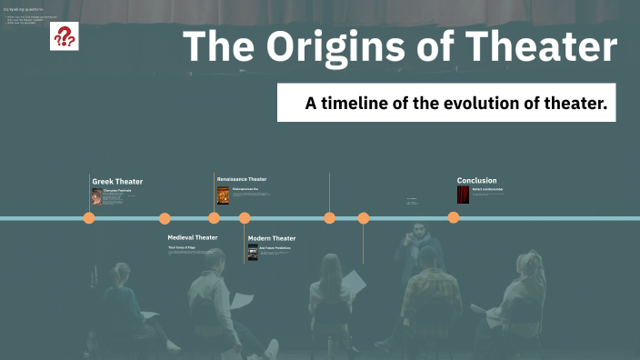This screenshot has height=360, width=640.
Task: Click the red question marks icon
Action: tap(65, 37)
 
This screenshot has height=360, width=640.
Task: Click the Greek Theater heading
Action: tap(117, 182)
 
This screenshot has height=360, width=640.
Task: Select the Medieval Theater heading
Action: tap(193, 237)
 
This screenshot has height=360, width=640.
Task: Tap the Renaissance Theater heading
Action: tap(242, 179)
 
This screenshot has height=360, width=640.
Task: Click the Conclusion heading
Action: tap(476, 180)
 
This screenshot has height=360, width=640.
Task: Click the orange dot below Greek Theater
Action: tap(89, 218)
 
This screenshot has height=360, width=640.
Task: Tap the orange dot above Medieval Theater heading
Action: tap(165, 218)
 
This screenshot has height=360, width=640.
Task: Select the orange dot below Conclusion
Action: tap(453, 218)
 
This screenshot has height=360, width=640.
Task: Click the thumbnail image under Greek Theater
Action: tap(96, 196)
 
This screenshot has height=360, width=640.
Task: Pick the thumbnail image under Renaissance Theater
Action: tap(223, 195)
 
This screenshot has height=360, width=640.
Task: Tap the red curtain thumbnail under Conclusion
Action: tap(463, 195)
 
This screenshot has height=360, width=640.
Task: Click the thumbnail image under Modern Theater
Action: tap(253, 252)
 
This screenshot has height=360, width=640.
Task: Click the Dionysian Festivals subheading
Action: tap(117, 190)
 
